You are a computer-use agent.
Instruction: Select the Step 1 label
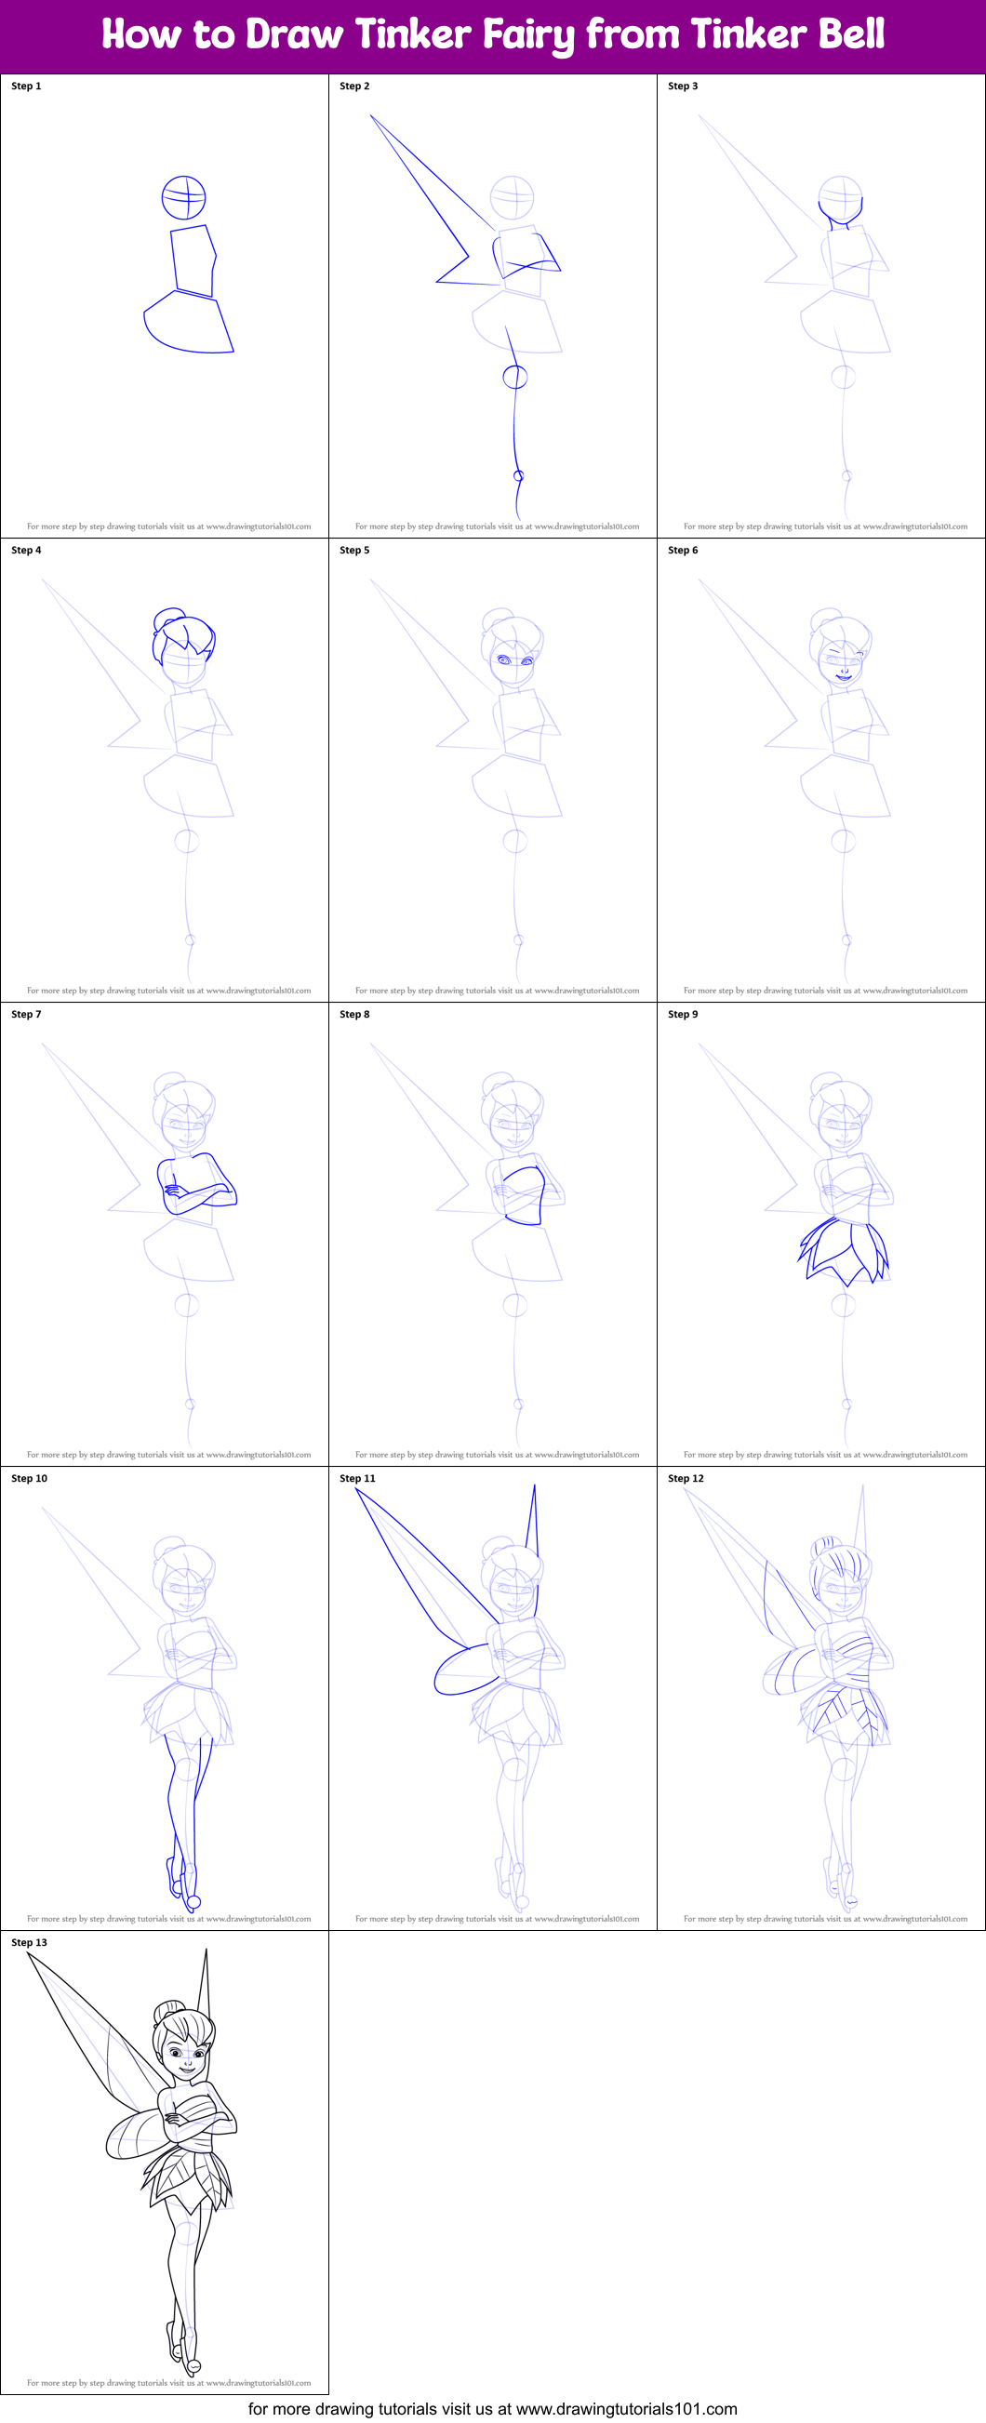tap(26, 86)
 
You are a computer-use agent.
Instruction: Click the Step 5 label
tap(354, 551)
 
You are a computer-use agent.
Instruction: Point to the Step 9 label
tap(683, 1014)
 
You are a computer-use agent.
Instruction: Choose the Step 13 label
tap(29, 1942)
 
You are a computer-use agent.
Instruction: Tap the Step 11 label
tap(357, 1479)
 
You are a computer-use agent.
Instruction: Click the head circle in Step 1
tap(183, 197)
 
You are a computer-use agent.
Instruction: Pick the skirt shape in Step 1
tap(188, 325)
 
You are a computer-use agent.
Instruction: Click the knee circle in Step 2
tap(514, 378)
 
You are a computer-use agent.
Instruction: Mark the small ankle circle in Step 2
tap(518, 476)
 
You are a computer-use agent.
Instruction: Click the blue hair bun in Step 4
tap(170, 617)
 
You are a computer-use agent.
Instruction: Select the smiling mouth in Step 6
tap(844, 676)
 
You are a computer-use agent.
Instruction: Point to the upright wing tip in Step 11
tap(532, 1514)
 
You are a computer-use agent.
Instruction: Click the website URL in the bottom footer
tap(626, 2409)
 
